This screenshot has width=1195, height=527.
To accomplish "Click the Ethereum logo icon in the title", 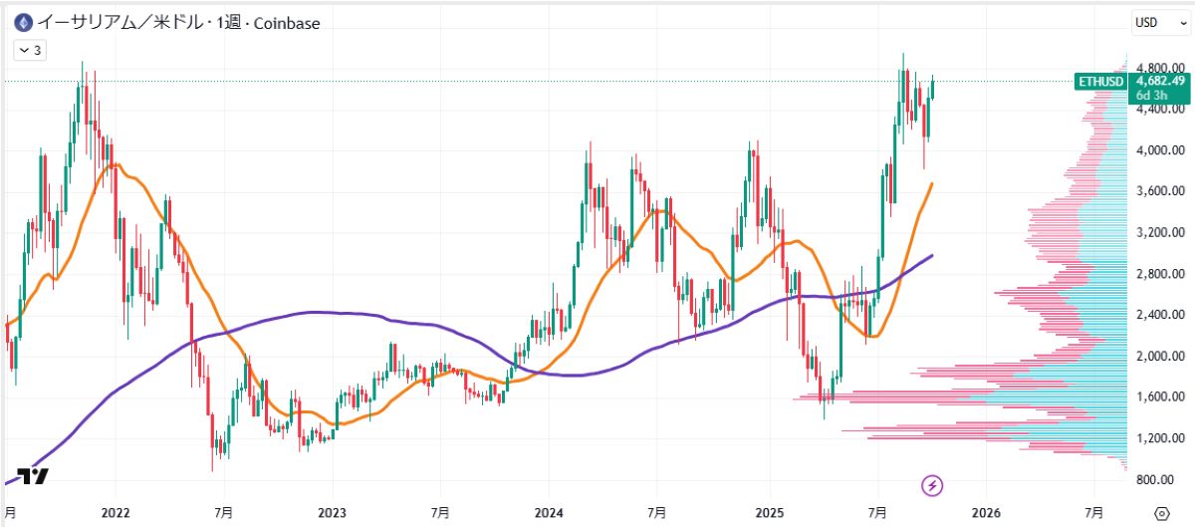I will pyautogui.click(x=19, y=22).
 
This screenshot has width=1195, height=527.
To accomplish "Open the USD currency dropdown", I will pyautogui.click(x=1154, y=22).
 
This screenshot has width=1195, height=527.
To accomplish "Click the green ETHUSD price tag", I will pyautogui.click(x=1100, y=82).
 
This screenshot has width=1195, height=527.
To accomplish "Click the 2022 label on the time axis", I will pyautogui.click(x=116, y=512).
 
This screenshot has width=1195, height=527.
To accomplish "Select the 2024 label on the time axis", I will pyautogui.click(x=549, y=512).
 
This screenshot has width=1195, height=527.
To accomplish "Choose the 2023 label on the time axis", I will pyautogui.click(x=332, y=512).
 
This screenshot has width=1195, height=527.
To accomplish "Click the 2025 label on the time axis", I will pyautogui.click(x=769, y=512).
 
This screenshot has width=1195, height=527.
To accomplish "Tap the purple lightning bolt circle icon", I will pyautogui.click(x=933, y=485).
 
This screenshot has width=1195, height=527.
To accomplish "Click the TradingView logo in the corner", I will pyautogui.click(x=33, y=476).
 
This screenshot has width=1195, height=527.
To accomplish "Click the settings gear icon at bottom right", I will pyautogui.click(x=1161, y=512).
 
